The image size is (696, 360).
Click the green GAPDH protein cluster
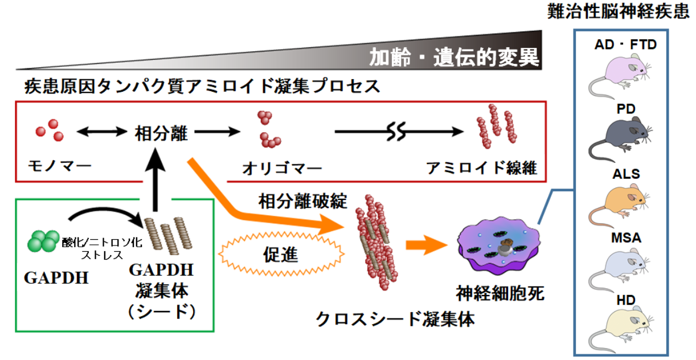[x=43, y=241]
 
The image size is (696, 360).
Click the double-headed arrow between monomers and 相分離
[x=101, y=133]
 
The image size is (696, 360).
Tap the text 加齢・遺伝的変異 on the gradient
[x=453, y=57]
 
